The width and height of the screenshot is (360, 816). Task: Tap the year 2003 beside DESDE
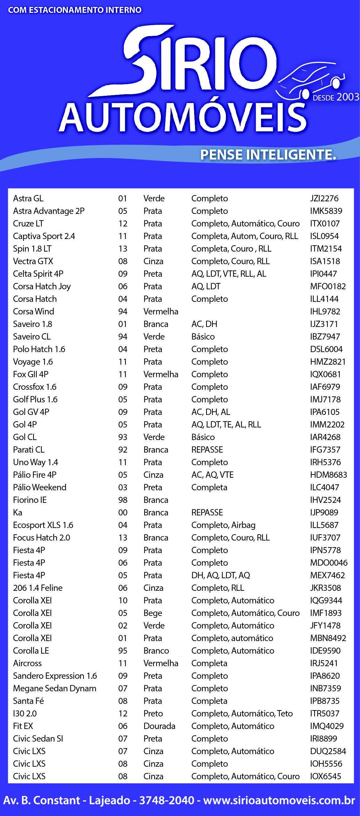[x=348, y=97]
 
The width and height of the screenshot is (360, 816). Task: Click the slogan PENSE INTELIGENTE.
[x=268, y=155]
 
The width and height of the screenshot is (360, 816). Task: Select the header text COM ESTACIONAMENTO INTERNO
[x=75, y=10]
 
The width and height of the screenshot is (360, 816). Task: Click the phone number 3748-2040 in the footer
[x=167, y=801]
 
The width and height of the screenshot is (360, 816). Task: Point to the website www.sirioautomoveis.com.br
[x=279, y=801]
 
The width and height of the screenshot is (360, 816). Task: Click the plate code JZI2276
[x=324, y=198]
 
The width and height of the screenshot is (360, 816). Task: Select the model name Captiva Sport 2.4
[x=44, y=236]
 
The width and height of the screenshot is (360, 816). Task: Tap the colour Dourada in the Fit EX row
[x=159, y=726]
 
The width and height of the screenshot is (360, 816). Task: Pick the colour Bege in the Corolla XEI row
[x=153, y=613]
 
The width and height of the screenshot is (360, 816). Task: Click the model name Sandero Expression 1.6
[x=55, y=676]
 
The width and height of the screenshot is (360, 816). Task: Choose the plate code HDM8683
[x=329, y=475]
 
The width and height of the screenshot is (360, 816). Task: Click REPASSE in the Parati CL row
[x=207, y=449]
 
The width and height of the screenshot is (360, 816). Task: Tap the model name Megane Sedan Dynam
[x=55, y=688]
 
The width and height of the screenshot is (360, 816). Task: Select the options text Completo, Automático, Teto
[x=242, y=713]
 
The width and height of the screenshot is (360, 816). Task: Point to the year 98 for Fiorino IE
[x=123, y=500]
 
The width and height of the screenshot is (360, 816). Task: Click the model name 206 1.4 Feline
[x=38, y=588]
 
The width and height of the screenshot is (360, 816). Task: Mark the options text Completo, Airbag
[x=223, y=525]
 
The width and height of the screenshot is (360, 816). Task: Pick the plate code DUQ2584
[x=328, y=751]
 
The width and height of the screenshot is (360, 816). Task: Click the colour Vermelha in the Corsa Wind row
[x=161, y=311]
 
